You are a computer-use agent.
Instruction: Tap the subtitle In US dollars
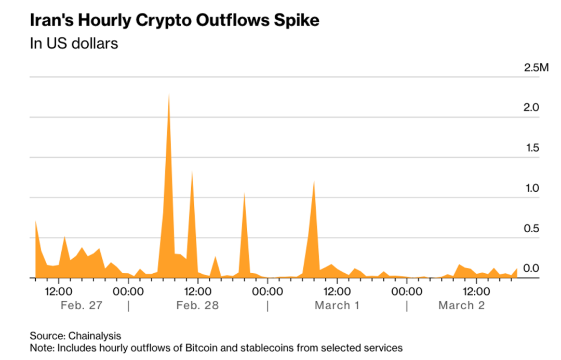click(74, 43)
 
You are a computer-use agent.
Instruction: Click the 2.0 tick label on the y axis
click(531, 108)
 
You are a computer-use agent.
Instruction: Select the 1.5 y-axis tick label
click(531, 148)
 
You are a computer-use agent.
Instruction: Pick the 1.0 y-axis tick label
click(531, 188)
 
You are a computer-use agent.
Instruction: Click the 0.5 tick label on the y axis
click(531, 229)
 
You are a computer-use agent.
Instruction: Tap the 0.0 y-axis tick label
click(531, 269)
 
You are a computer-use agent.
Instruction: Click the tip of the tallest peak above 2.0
click(169, 94)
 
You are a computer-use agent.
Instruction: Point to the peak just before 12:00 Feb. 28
click(192, 171)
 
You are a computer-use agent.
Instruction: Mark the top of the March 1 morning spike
click(314, 181)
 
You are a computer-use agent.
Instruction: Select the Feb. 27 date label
click(82, 305)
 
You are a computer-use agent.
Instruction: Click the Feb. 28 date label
click(197, 305)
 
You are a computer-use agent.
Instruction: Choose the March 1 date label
click(337, 305)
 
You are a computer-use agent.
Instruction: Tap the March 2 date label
click(461, 305)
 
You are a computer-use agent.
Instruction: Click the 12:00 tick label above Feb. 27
click(58, 290)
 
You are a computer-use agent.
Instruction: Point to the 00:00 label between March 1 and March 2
click(407, 290)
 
